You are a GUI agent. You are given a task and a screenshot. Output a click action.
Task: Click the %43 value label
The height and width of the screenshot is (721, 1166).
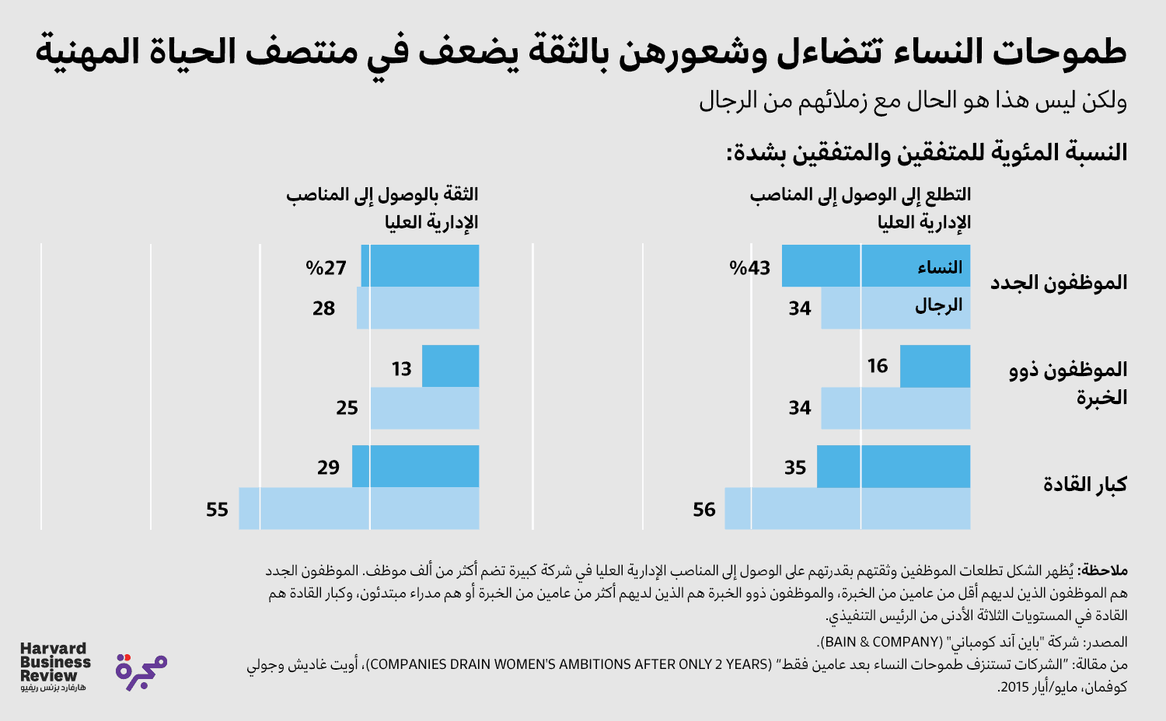tap(749, 268)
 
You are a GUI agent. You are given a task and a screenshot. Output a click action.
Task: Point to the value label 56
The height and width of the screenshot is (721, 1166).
tap(703, 510)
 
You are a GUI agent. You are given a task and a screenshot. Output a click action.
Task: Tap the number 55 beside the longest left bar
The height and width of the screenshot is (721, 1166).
tap(217, 510)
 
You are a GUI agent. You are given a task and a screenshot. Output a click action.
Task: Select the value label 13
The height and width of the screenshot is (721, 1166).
tap(401, 368)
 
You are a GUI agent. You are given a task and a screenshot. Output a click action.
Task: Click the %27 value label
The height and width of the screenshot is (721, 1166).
tap(326, 268)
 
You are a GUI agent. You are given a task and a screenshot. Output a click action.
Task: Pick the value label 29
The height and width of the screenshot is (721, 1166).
tap(328, 468)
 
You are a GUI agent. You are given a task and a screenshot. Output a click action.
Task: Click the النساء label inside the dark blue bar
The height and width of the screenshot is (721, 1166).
tap(939, 268)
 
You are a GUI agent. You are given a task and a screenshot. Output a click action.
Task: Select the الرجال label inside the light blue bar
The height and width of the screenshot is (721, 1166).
tap(938, 306)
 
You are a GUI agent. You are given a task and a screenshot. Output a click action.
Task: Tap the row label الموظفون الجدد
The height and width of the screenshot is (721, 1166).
tap(1058, 282)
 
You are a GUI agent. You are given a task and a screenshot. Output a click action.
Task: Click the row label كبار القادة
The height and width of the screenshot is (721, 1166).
tap(1084, 484)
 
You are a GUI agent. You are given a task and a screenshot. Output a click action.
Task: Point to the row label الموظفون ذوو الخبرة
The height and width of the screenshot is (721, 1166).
tap(1068, 383)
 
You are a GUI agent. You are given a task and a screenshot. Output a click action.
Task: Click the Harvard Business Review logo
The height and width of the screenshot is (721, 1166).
tap(54, 666)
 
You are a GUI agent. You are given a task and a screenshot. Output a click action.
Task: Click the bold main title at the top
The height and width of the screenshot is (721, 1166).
tap(581, 52)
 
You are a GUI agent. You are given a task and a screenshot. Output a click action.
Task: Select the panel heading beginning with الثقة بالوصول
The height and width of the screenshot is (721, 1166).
tap(382, 208)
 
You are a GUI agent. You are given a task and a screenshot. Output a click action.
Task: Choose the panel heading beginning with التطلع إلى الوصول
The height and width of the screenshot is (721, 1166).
tap(861, 208)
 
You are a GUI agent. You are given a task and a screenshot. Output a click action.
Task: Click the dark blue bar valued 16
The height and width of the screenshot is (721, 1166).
tap(935, 366)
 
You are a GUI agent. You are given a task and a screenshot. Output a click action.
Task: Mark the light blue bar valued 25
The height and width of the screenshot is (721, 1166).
tap(424, 408)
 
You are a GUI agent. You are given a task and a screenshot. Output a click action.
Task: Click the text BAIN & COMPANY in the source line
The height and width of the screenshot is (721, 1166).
tap(881, 642)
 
